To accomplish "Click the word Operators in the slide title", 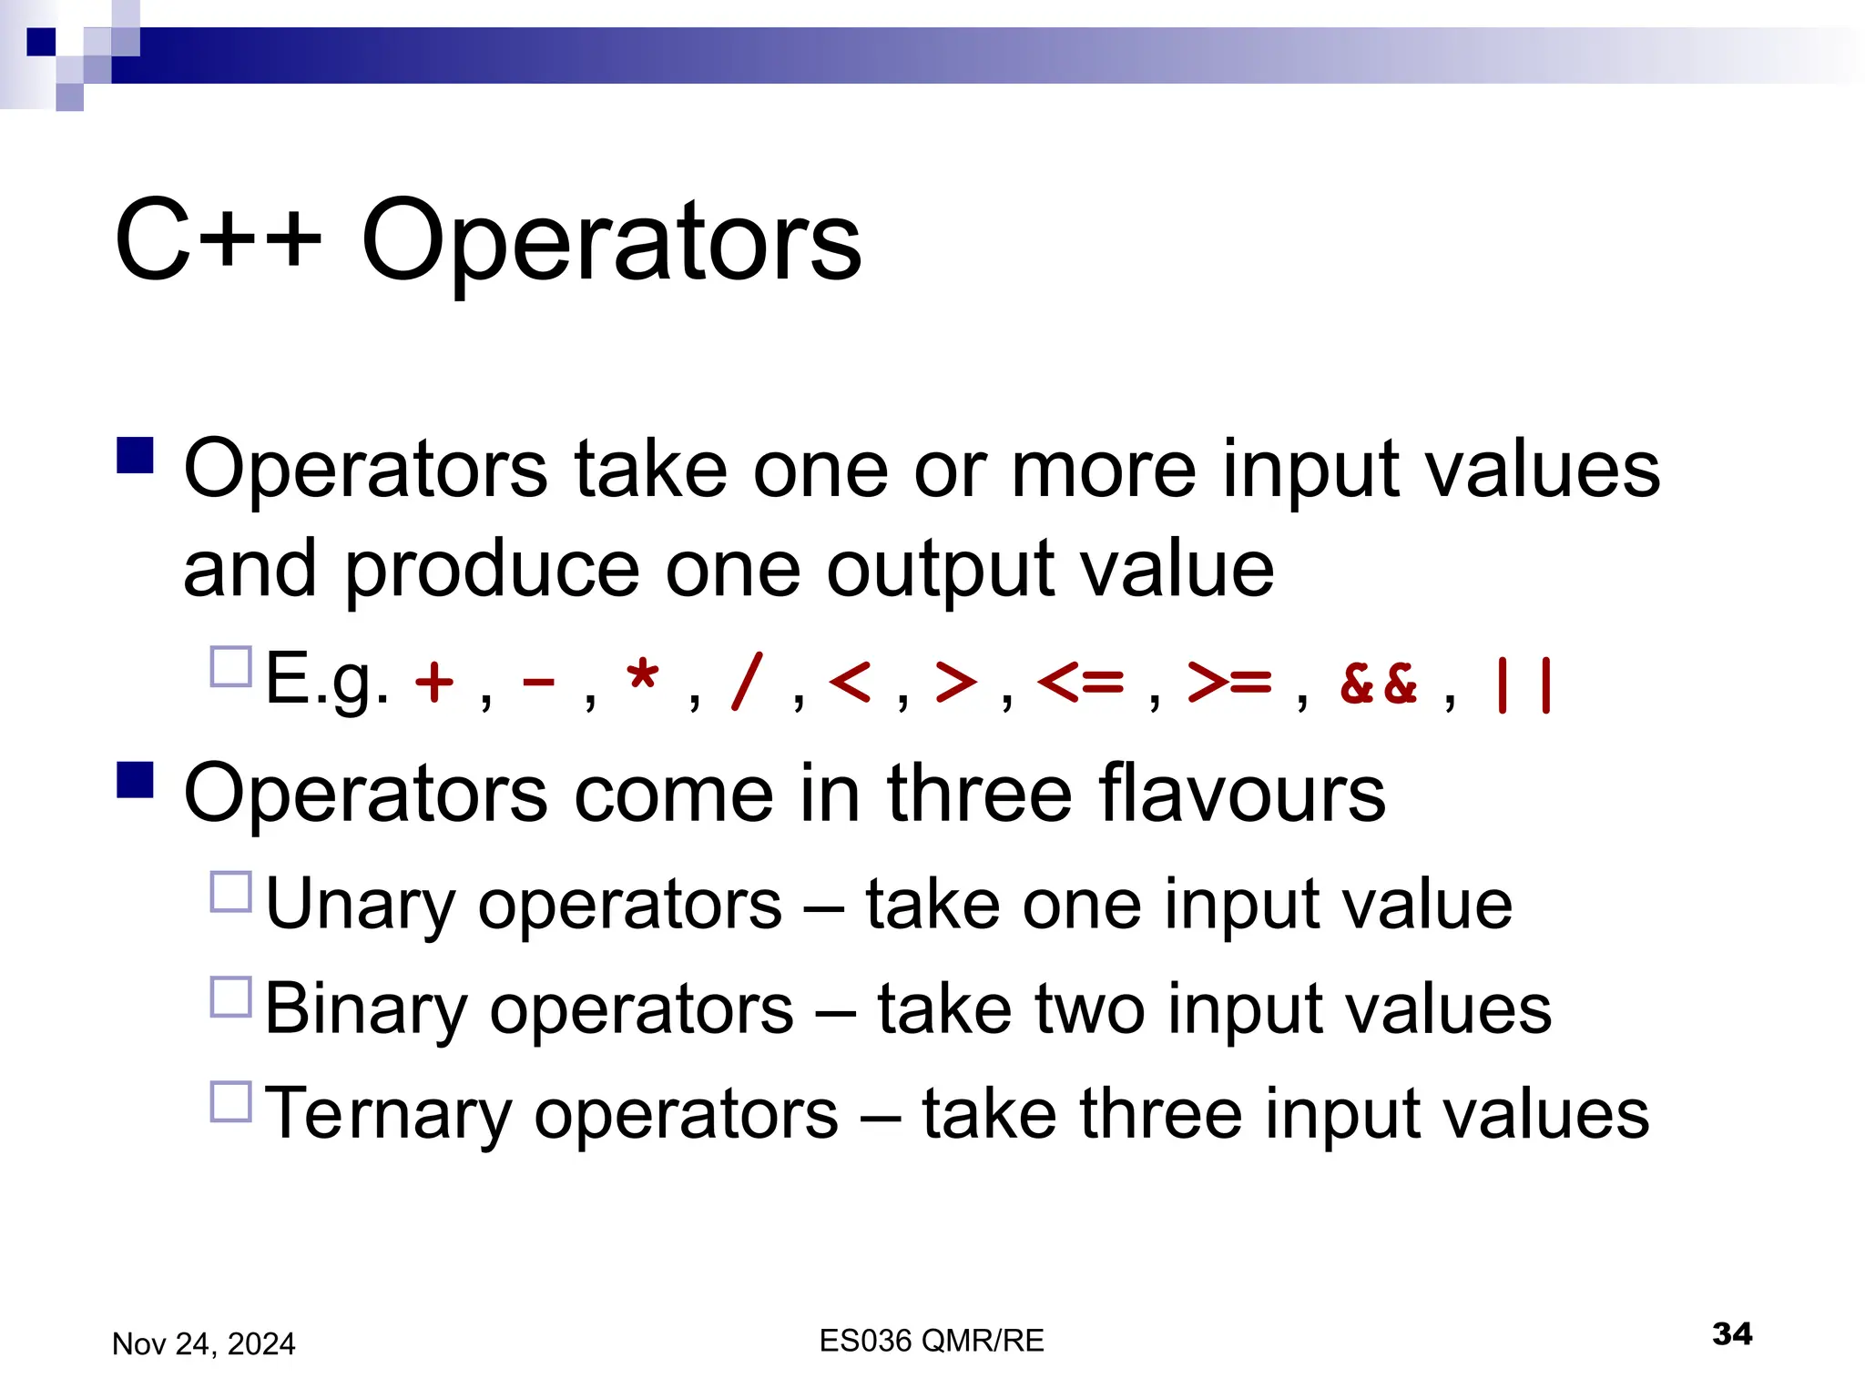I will tap(611, 242).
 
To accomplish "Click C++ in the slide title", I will tap(219, 242).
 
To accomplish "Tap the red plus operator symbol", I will tap(433, 682).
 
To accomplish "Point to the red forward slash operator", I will tap(746, 682).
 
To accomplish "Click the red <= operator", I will tap(1080, 682).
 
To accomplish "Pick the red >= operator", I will tap(1229, 682).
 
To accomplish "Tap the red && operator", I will tap(1379, 684).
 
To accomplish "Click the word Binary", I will tap(365, 1009).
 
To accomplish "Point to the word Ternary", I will tap(388, 1114).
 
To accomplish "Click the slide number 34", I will tap(1731, 1334).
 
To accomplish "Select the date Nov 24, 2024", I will tap(203, 1344).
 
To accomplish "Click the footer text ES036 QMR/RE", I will tap(931, 1341).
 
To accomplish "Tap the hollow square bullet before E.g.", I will tap(230, 667).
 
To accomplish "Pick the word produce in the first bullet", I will tap(492, 571).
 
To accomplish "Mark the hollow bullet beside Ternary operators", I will tap(230, 1102).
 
